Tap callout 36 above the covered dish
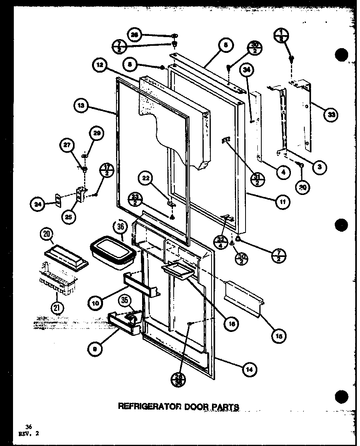point(121,228)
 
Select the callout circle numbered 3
point(319,167)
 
